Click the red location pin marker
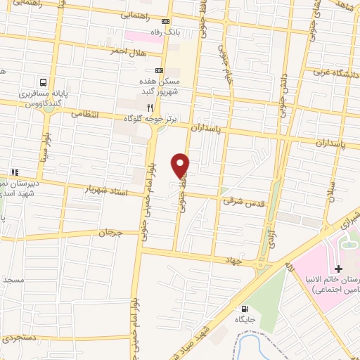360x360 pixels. (181, 165)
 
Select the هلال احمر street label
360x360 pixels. (127, 51)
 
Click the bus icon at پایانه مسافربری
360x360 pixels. (44, 82)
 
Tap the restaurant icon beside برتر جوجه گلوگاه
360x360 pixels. (149, 108)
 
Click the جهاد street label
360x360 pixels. (232, 259)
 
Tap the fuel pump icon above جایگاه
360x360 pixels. (244, 308)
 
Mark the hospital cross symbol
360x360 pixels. (338, 269)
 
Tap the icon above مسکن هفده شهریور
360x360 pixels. (158, 70)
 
